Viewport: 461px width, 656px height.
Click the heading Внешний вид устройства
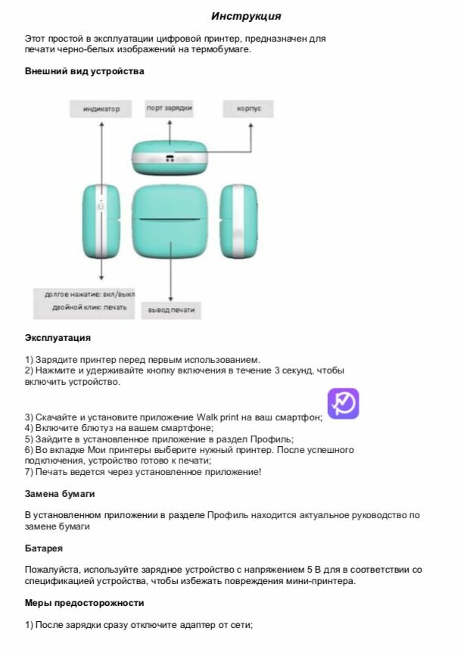(84, 70)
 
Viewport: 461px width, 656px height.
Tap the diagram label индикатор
(101, 109)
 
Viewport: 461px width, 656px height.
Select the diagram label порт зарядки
(169, 108)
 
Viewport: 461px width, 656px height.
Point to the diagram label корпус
(249, 109)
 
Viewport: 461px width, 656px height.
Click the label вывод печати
(170, 310)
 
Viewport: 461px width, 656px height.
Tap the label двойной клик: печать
(89, 308)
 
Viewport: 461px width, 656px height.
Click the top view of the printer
(170, 157)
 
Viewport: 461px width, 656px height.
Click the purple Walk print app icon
(343, 404)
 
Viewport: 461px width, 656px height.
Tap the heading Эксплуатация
(58, 337)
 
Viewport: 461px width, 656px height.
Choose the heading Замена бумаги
(60, 493)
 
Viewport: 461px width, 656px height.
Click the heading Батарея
(43, 547)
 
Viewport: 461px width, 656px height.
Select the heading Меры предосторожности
(84, 603)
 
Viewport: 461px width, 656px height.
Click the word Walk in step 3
(207, 417)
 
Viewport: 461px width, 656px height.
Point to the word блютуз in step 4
(90, 427)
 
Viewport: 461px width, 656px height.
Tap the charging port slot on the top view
(170, 159)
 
